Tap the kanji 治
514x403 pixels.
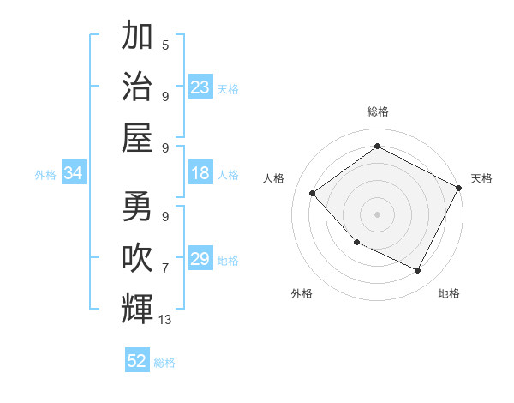pyautogui.click(x=137, y=86)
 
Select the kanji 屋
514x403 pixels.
pyautogui.click(x=137, y=137)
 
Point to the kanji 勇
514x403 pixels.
pyautogui.click(x=137, y=206)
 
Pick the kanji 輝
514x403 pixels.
pyautogui.click(x=137, y=309)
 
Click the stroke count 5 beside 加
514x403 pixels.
pyautogui.click(x=164, y=45)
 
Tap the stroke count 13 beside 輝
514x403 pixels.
pyautogui.click(x=166, y=320)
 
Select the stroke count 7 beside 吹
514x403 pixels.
pyautogui.click(x=164, y=268)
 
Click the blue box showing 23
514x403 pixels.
pyautogui.click(x=200, y=87)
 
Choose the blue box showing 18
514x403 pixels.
pyautogui.click(x=200, y=173)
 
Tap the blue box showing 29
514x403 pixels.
pyautogui.click(x=200, y=259)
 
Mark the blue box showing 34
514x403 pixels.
pyautogui.click(x=73, y=173)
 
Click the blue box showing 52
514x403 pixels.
pyautogui.click(x=137, y=361)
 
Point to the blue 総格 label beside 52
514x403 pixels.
pyautogui.click(x=164, y=363)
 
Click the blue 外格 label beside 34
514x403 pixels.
pyautogui.click(x=45, y=175)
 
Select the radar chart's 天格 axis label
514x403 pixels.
pyautogui.click(x=481, y=178)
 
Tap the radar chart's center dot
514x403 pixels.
pyautogui.click(x=377, y=214)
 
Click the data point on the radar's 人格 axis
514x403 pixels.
pyautogui.click(x=313, y=193)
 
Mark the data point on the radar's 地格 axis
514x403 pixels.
pyautogui.click(x=417, y=271)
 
